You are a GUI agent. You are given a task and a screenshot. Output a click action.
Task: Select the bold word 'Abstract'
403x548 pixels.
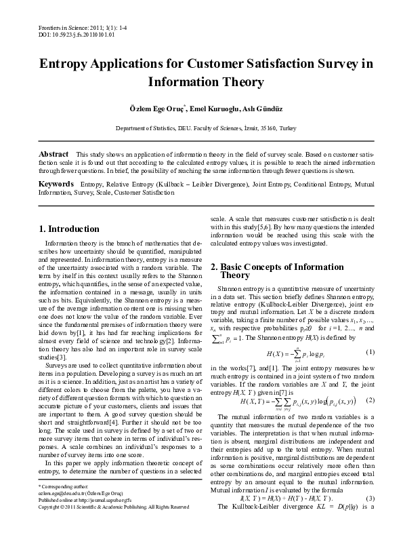click(54, 154)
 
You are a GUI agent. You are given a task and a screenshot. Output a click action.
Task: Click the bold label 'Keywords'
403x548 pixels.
click(56, 184)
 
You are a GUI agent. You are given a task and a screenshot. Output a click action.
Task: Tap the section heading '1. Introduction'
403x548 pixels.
click(71, 229)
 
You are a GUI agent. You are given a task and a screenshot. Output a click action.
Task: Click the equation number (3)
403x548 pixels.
click(370, 517)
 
